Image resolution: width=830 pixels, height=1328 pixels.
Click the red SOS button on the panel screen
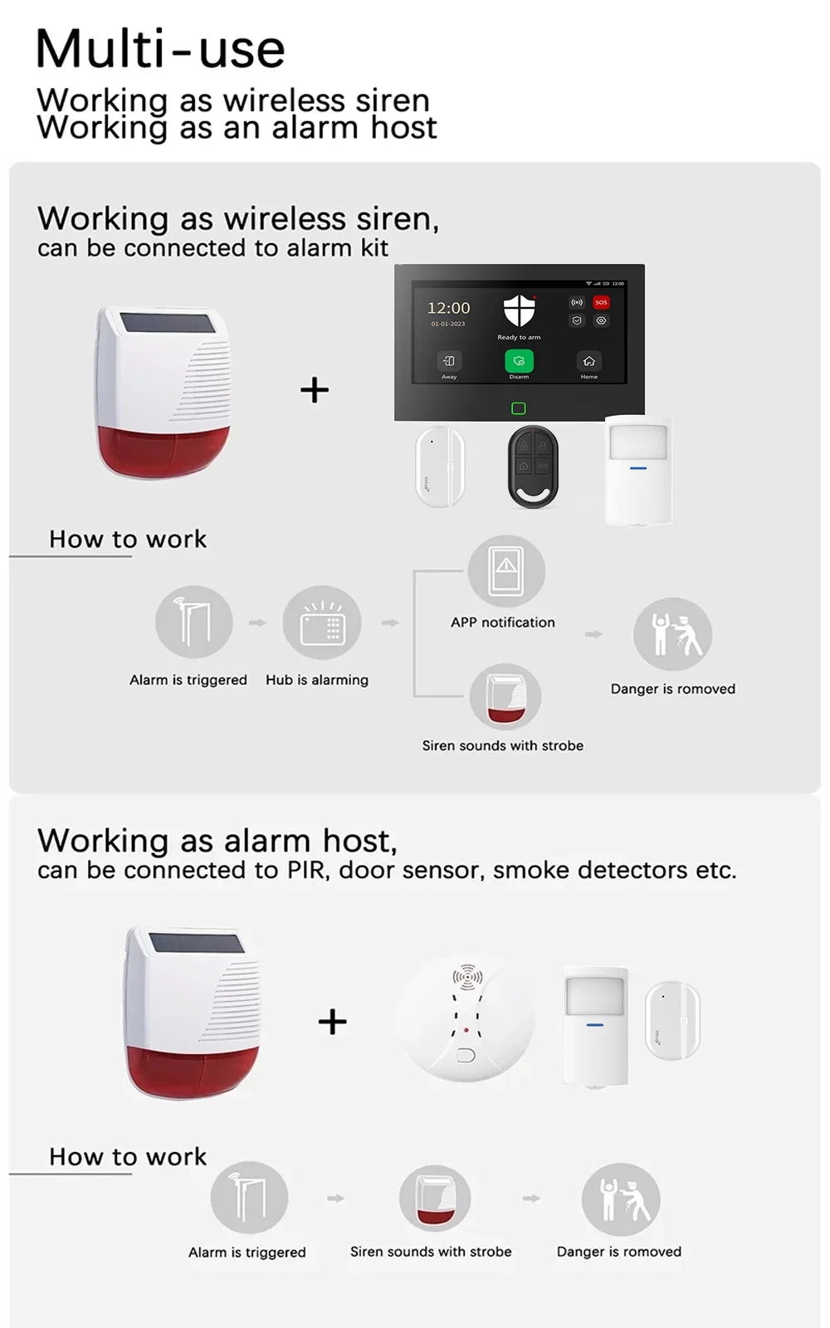pos(601,302)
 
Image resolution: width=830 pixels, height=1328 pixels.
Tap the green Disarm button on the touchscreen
pos(519,361)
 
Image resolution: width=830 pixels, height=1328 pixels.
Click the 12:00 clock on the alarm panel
pos(448,308)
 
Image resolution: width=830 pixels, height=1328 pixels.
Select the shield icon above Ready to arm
pos(520,311)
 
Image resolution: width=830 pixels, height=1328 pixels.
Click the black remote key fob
pos(533,466)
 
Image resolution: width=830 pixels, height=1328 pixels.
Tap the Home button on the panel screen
pos(588,361)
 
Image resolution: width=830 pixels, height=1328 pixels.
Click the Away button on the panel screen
pos(449,361)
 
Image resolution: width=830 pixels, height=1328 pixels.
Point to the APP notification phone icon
pos(506,571)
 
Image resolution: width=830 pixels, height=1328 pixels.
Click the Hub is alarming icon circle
pos(322,622)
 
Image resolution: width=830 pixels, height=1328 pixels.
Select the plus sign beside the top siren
pos(315,389)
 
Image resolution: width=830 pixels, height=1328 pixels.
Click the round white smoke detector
pos(466,1020)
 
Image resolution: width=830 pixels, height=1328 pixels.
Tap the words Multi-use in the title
pos(160,49)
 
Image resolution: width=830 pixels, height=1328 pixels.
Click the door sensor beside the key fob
pos(440,466)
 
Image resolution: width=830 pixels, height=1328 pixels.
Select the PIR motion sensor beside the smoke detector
pos(594,1026)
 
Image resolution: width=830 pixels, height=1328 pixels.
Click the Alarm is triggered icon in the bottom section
pos(249,1198)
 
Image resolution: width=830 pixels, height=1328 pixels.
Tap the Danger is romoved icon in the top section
pos(672,634)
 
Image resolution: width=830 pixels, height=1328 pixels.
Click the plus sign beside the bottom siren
pos(332,1022)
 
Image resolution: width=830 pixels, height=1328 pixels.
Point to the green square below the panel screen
pos(519,408)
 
